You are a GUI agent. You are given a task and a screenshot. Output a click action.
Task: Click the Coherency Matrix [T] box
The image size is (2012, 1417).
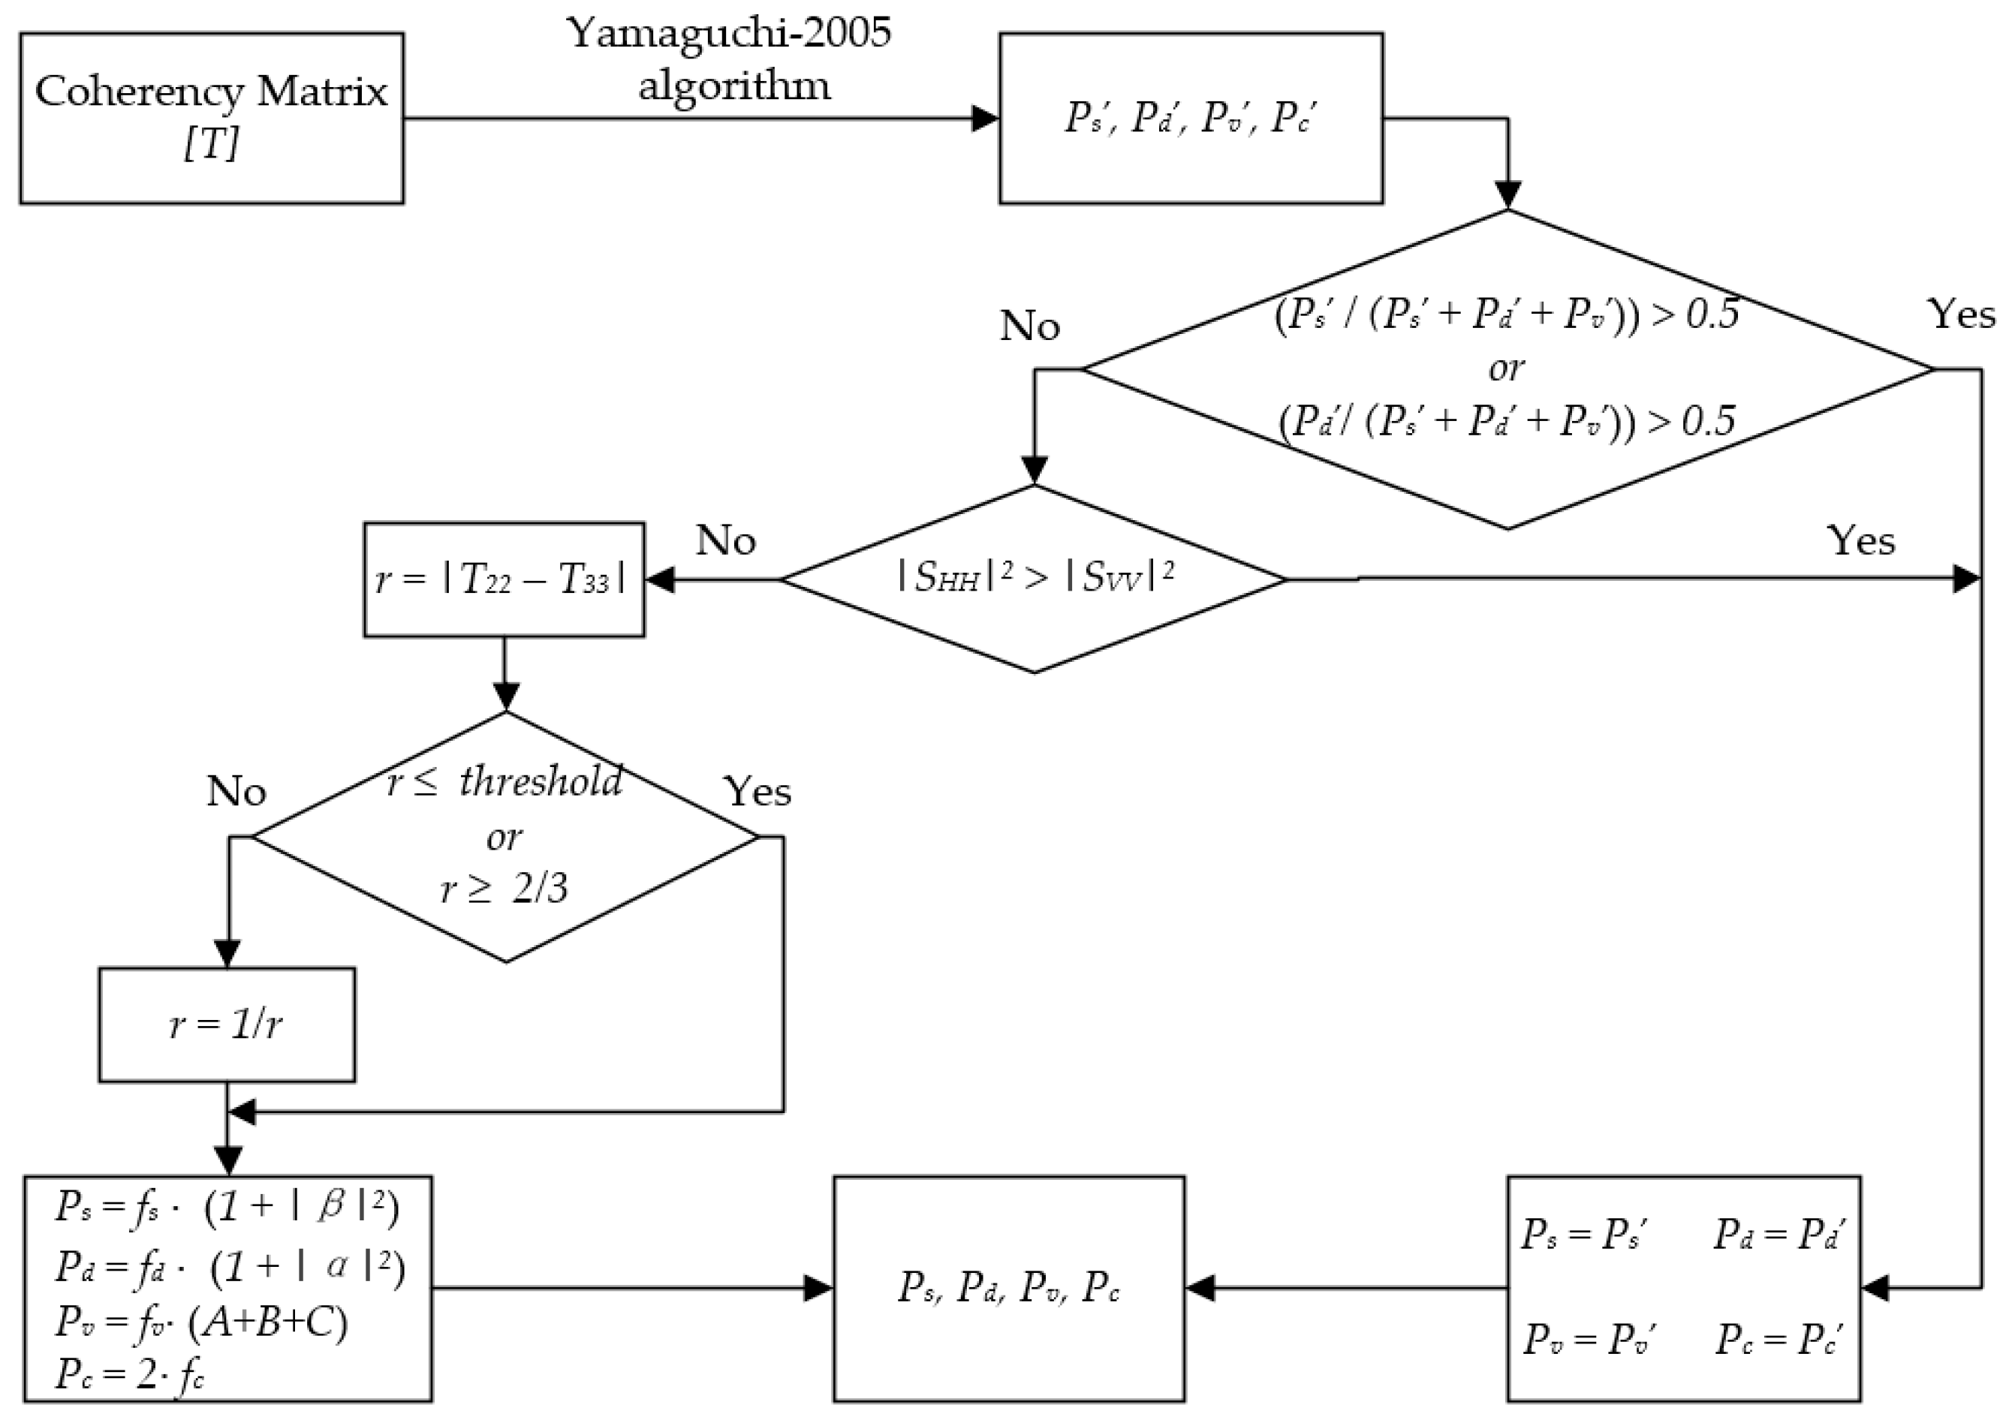pyautogui.click(x=211, y=119)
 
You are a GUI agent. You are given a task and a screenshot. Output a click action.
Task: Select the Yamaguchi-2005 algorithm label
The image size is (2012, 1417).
pyautogui.click(x=729, y=59)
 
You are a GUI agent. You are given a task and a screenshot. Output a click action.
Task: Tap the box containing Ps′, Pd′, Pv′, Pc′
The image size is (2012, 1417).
pyautogui.click(x=1190, y=119)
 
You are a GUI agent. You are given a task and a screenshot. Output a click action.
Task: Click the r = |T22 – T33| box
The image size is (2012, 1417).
pyautogui.click(x=504, y=580)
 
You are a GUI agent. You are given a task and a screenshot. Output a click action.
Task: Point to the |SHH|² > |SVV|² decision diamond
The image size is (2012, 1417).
pyautogui.click(x=1034, y=579)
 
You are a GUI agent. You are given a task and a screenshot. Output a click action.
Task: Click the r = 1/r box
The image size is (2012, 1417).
pyautogui.click(x=227, y=1024)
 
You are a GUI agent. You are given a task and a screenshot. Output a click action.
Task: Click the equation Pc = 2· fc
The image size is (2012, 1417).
pyautogui.click(x=130, y=1373)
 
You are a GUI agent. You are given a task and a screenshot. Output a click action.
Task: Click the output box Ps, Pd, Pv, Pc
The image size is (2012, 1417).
pyautogui.click(x=1009, y=1288)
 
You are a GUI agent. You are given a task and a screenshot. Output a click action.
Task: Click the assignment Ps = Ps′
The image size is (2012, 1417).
pyautogui.click(x=1583, y=1235)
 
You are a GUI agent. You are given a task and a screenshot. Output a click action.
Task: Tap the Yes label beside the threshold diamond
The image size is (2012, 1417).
pyautogui.click(x=758, y=793)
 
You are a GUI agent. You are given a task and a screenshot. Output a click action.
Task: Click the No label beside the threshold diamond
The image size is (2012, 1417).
pyautogui.click(x=236, y=793)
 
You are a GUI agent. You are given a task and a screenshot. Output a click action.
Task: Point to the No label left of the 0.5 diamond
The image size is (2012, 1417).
pyautogui.click(x=1030, y=326)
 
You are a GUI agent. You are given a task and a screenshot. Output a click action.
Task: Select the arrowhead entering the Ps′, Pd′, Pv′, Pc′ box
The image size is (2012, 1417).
pyautogui.click(x=986, y=119)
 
